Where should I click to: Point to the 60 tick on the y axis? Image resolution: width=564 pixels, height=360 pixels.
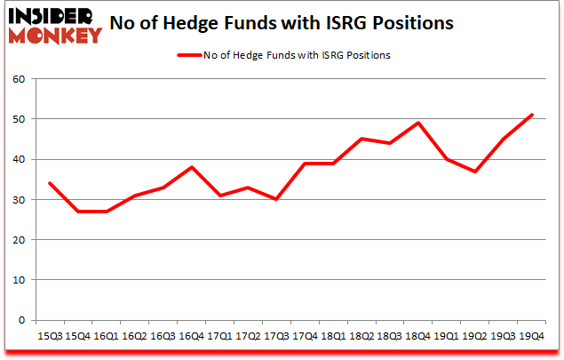pyautogui.click(x=20, y=79)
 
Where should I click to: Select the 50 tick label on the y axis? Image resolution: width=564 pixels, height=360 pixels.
pyautogui.click(x=20, y=119)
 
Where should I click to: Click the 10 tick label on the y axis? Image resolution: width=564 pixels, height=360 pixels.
pyautogui.click(x=20, y=280)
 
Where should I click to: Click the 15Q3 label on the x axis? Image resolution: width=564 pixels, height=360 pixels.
pyautogui.click(x=49, y=338)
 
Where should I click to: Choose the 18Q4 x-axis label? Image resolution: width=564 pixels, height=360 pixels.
pyautogui.click(x=417, y=338)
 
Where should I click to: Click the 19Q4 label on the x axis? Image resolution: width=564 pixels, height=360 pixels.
pyautogui.click(x=531, y=338)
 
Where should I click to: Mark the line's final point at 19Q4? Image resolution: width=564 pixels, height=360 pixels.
pyautogui.click(x=532, y=115)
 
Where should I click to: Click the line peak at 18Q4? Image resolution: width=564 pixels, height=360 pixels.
pyautogui.click(x=417, y=123)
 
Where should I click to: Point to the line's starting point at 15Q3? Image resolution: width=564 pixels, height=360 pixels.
pyautogui.click(x=49, y=183)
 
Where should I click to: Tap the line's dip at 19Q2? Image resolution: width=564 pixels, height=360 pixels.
pyautogui.click(x=475, y=172)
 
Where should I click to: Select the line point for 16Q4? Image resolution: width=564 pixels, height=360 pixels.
pyautogui.click(x=191, y=167)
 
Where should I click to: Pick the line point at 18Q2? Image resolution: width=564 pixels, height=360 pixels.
pyautogui.click(x=361, y=139)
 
